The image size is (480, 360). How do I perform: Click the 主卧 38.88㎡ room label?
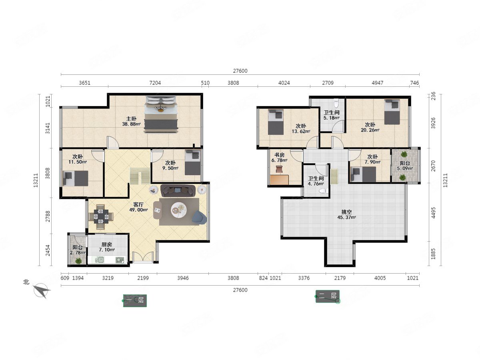pos(131,121)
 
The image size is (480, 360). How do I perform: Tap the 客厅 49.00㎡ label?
pos(138,207)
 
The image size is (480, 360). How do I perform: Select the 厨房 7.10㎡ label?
pos(107,247)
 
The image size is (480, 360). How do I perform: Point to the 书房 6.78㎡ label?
pos(279,157)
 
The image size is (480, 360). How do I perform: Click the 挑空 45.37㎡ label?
pos(347,214)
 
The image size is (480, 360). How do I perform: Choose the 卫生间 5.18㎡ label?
pos(332,115)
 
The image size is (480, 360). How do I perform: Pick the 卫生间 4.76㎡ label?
pos(316,181)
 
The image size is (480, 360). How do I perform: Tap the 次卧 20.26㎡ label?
pos(370,127)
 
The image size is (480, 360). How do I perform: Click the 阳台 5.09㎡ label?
pos(405,166)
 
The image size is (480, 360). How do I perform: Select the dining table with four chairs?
pos(101,217)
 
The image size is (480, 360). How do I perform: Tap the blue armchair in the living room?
pos(199,218)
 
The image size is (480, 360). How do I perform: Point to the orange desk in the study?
pos(279,180)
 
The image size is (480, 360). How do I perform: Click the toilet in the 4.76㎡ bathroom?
pos(324,191)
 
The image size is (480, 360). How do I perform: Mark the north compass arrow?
pos(42,290)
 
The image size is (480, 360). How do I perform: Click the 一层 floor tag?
pos(135,300)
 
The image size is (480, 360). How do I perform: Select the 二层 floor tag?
pos(328,296)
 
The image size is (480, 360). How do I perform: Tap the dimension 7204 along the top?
pos(155,83)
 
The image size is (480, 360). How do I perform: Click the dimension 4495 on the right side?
pos(433,213)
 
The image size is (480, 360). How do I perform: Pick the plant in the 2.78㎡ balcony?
pos(78,261)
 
